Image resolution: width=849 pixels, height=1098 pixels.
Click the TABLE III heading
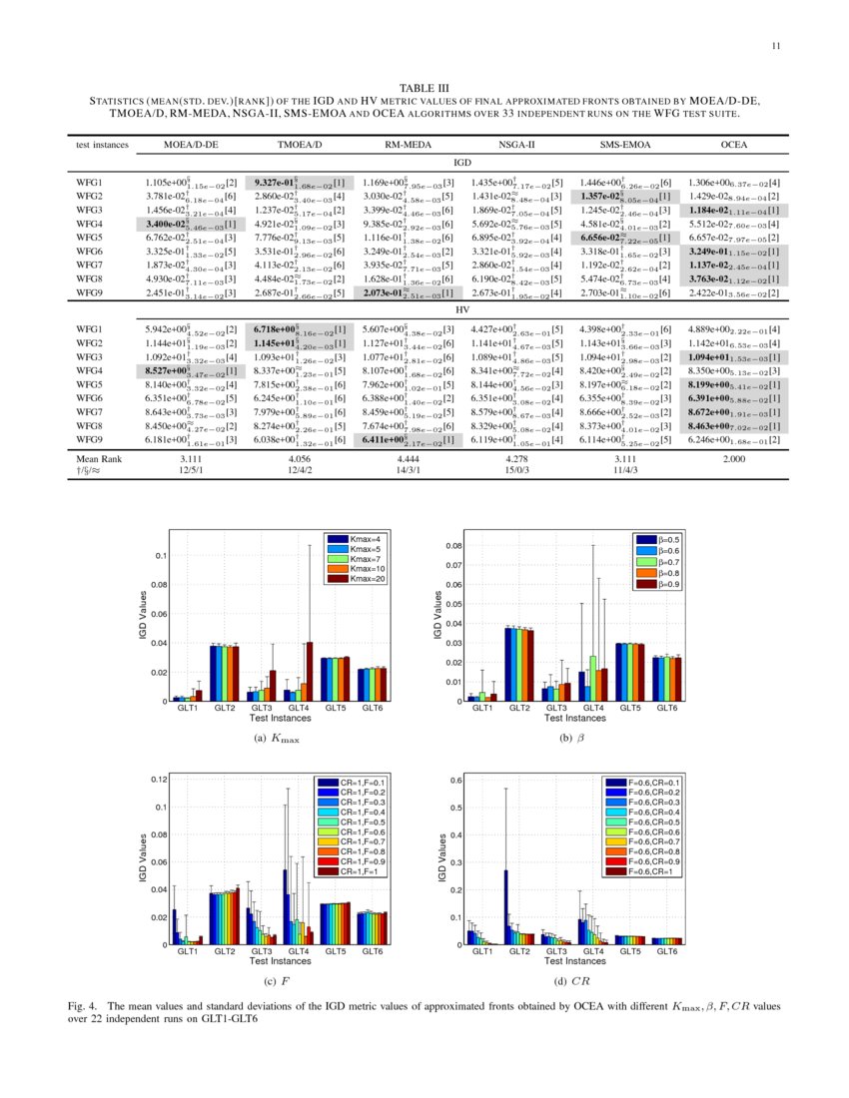(x=424, y=88)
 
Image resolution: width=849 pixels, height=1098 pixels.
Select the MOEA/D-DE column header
(x=183, y=146)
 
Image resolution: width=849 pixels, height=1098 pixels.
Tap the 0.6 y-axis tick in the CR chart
(x=454, y=780)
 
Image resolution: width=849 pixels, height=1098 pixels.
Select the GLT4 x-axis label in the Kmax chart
(x=295, y=708)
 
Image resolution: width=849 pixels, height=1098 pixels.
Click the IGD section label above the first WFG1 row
(x=462, y=161)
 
